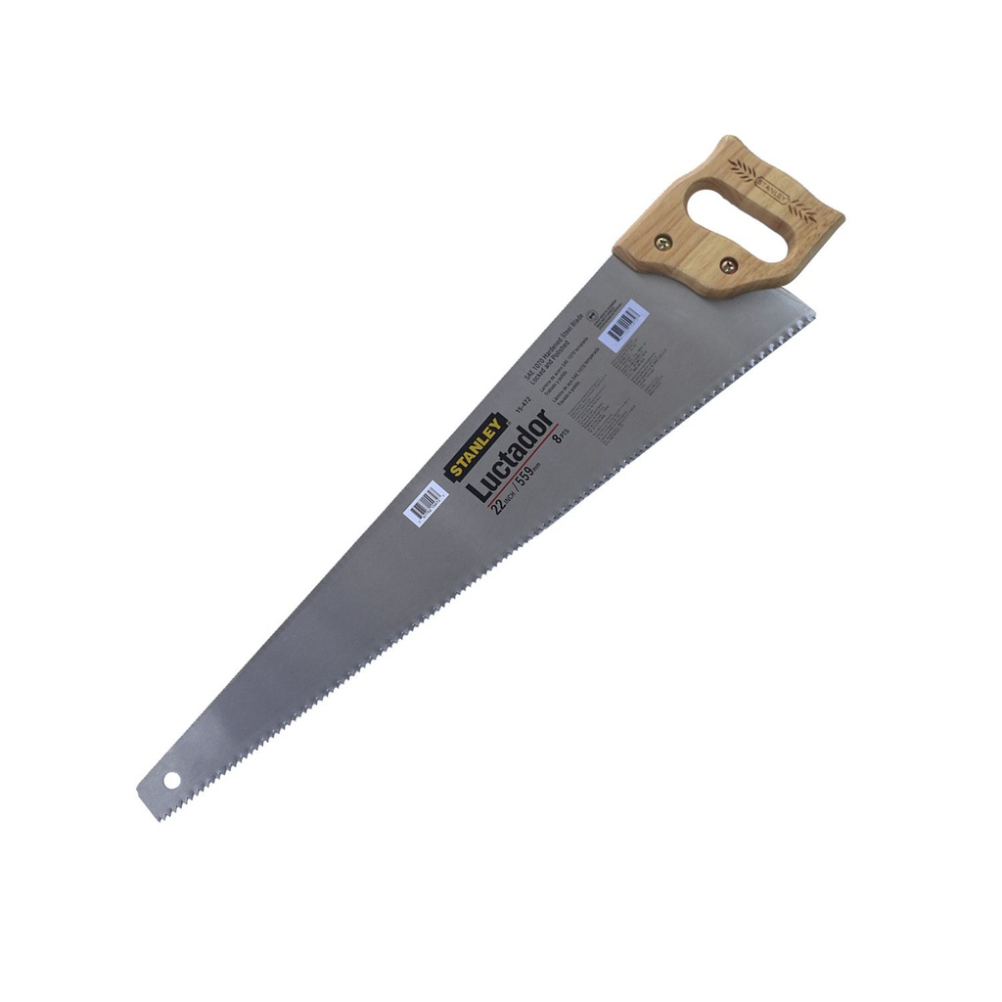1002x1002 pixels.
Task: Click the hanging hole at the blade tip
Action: click(x=173, y=781)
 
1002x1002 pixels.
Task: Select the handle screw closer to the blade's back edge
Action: click(x=664, y=244)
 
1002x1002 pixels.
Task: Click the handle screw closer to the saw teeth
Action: click(x=727, y=265)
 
